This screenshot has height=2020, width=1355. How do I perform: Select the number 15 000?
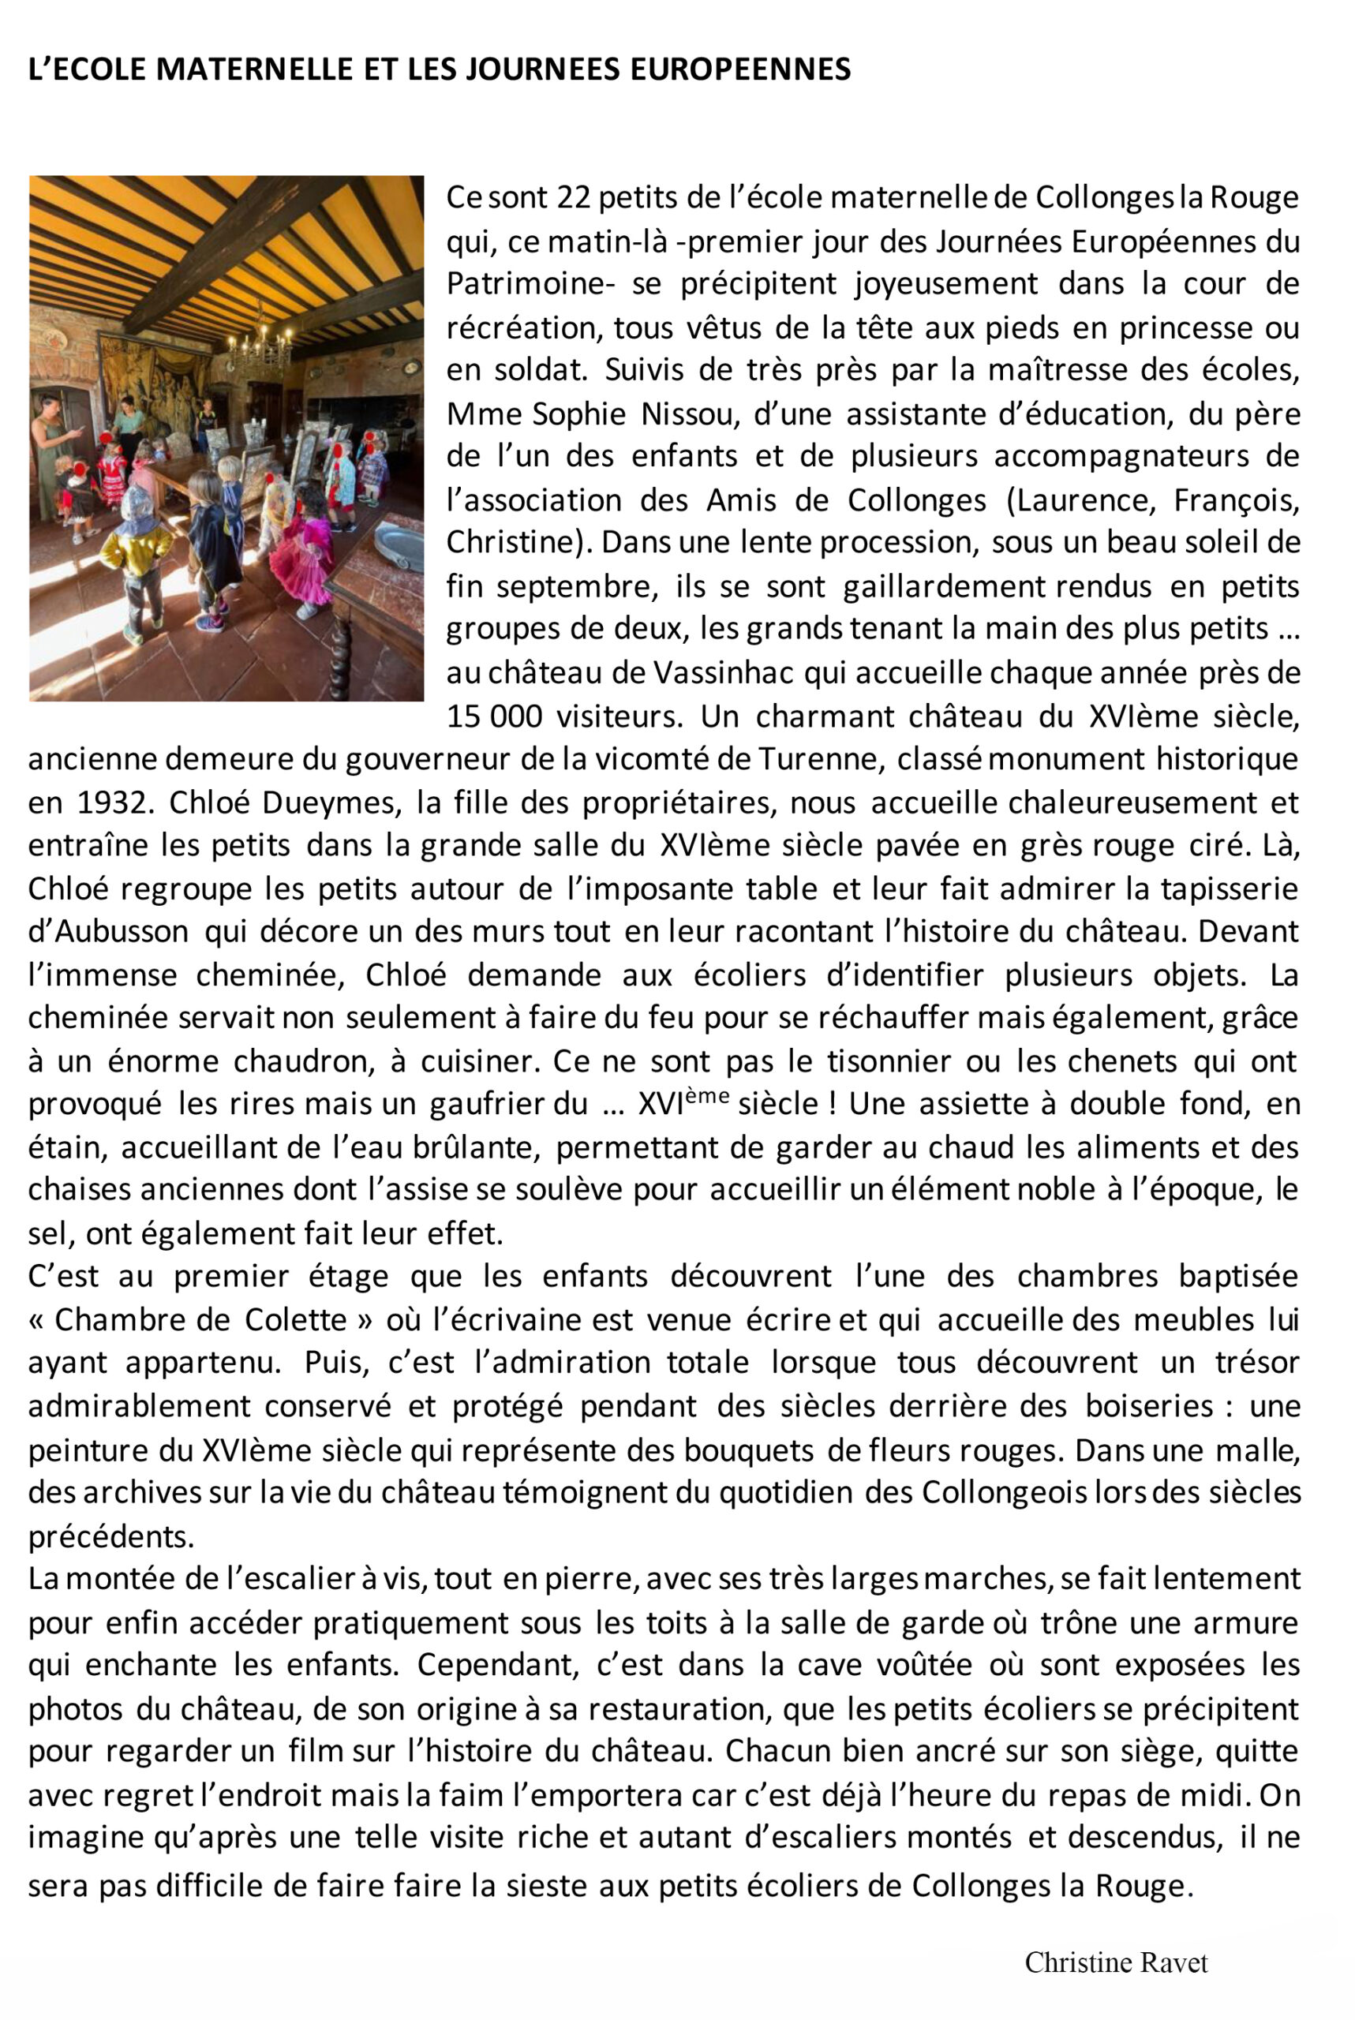pos(494,716)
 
